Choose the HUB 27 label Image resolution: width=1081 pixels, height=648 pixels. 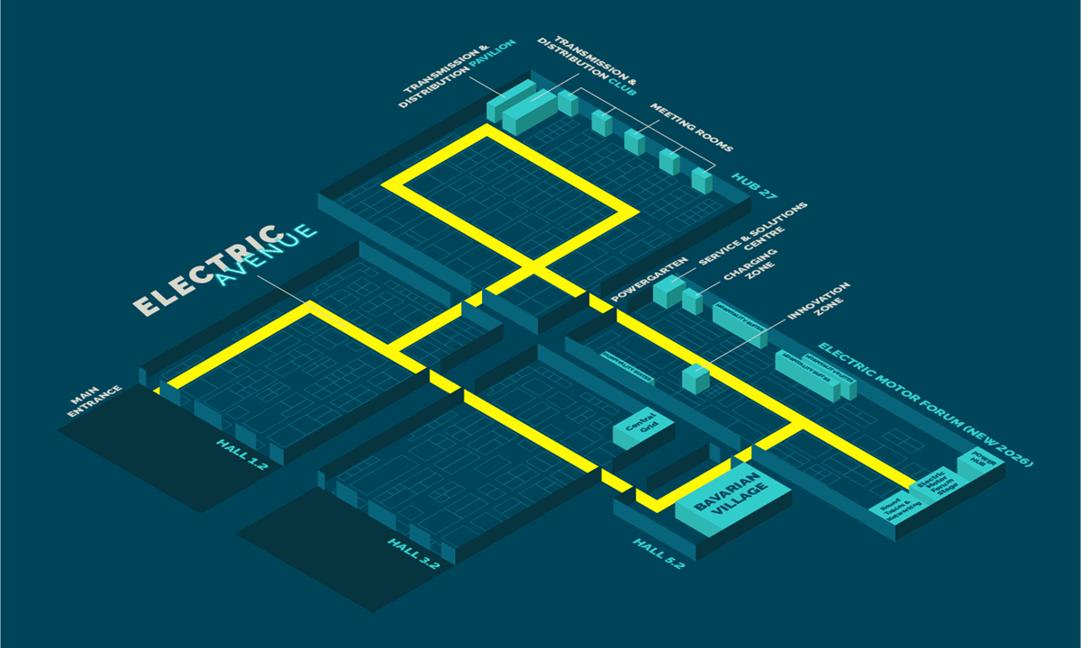click(755, 185)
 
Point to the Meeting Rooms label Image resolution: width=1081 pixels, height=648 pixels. click(691, 127)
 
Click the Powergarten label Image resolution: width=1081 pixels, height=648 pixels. click(650, 279)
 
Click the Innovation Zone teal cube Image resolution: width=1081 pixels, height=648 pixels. click(695, 377)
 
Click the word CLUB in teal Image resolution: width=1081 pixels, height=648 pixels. click(622, 88)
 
